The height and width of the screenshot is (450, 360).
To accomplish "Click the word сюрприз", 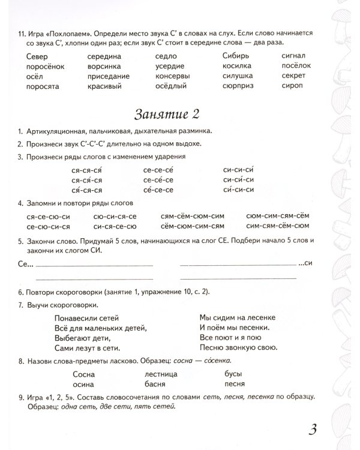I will (238, 86).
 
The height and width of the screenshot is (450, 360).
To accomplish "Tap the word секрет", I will (294, 76).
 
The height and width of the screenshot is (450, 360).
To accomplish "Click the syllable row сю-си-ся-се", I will (115, 215).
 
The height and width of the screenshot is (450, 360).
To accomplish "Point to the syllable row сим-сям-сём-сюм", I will (277, 226).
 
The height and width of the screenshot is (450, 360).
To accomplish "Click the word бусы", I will (232, 374).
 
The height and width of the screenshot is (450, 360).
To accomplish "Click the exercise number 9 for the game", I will (21, 398).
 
